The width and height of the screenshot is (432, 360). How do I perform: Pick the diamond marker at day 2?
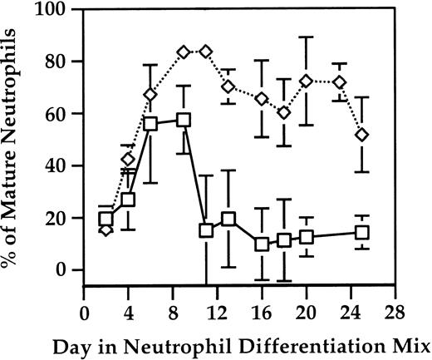[x=106, y=229]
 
